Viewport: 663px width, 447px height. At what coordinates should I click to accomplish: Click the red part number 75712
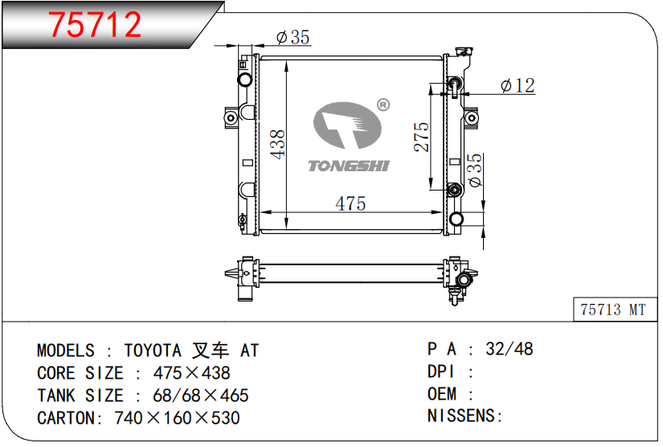(x=95, y=25)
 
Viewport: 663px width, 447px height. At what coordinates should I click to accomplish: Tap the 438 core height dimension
(x=278, y=145)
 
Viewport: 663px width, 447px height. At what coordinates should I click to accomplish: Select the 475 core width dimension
(x=350, y=204)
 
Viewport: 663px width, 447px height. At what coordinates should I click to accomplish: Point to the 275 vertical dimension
(x=421, y=137)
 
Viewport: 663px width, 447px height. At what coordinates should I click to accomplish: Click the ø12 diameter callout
(x=518, y=85)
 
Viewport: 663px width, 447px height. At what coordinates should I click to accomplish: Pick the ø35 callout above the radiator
(x=293, y=37)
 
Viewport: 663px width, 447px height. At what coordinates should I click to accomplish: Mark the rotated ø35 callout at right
(x=475, y=170)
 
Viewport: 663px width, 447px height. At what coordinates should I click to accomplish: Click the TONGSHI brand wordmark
(x=349, y=166)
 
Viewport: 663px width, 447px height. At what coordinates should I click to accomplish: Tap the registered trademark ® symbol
(x=383, y=105)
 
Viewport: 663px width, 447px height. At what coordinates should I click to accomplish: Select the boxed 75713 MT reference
(x=613, y=310)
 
